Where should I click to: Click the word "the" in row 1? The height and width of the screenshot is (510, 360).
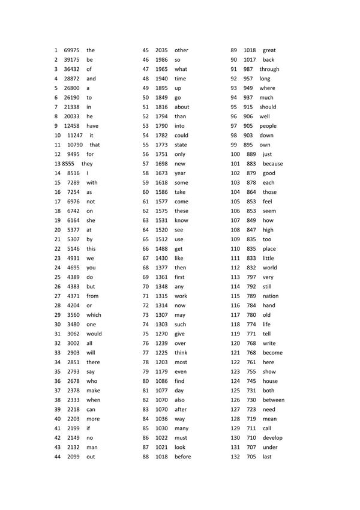pyautogui.click(x=91, y=50)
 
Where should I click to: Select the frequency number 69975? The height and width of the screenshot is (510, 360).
pyautogui.click(x=72, y=50)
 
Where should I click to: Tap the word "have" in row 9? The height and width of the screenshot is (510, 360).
pyautogui.click(x=92, y=126)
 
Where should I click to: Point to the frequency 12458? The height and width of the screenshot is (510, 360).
pyautogui.click(x=72, y=126)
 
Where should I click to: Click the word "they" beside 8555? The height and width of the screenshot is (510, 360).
pyautogui.click(x=87, y=164)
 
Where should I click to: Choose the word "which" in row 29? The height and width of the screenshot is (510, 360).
pyautogui.click(x=94, y=315)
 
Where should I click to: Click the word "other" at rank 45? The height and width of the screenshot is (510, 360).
pyautogui.click(x=181, y=50)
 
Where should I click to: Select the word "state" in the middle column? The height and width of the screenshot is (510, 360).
pyautogui.click(x=181, y=145)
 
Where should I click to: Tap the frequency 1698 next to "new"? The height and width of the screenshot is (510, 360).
pyautogui.click(x=161, y=164)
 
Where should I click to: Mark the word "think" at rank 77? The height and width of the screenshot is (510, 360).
pyautogui.click(x=181, y=353)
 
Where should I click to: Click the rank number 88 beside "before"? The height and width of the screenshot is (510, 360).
pyautogui.click(x=145, y=457)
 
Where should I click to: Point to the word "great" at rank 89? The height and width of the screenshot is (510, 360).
pyautogui.click(x=269, y=50)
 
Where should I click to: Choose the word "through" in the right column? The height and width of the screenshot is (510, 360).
pyautogui.click(x=269, y=69)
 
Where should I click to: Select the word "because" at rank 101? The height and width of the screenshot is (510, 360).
pyautogui.click(x=272, y=164)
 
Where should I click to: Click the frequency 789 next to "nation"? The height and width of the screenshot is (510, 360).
pyautogui.click(x=251, y=296)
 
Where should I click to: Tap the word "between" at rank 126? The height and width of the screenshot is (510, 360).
pyautogui.click(x=274, y=400)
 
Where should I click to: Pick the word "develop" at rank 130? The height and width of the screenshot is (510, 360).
pyautogui.click(x=272, y=438)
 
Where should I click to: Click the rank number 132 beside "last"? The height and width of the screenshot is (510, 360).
pyautogui.click(x=235, y=457)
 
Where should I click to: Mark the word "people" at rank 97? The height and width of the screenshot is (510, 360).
pyautogui.click(x=268, y=126)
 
